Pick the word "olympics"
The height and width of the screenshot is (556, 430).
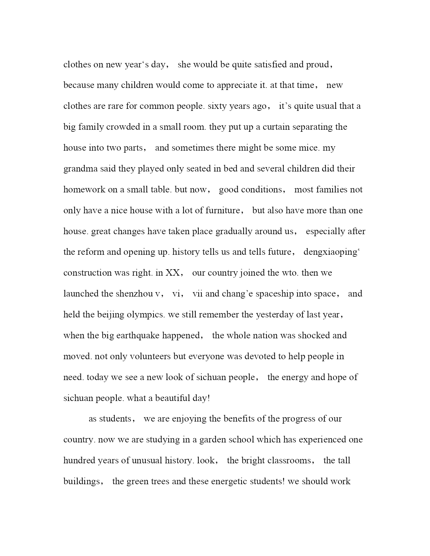(x=145, y=315)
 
